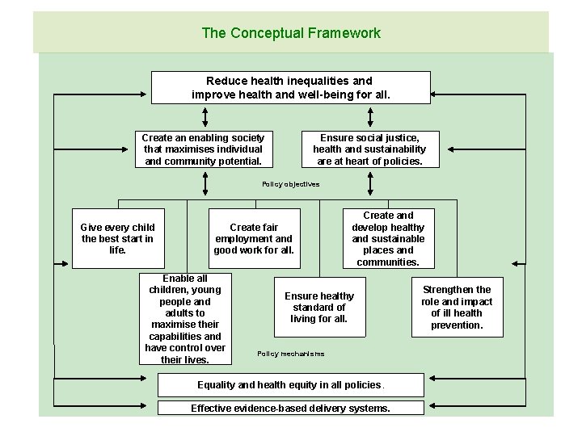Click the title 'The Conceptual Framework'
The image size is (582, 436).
tap(291, 33)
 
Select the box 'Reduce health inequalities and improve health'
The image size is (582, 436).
tap(291, 88)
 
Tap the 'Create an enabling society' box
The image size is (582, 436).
tap(203, 149)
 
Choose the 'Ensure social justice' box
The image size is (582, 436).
tap(369, 149)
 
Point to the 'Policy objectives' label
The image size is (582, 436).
tap(291, 184)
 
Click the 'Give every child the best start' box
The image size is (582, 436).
tap(118, 239)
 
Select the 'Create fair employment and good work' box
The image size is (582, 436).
tap(254, 239)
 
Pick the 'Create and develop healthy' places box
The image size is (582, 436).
tap(388, 239)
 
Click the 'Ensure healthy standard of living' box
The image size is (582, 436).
tap(319, 308)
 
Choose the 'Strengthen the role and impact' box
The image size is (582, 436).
tap(457, 308)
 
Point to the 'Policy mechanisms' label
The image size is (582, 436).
tap(291, 354)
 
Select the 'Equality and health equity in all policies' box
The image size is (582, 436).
tap(290, 384)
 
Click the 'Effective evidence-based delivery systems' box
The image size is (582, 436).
tap(290, 409)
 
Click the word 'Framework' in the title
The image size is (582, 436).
tap(344, 33)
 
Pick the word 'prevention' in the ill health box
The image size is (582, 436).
tap(457, 325)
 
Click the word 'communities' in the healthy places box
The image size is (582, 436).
tap(388, 262)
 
